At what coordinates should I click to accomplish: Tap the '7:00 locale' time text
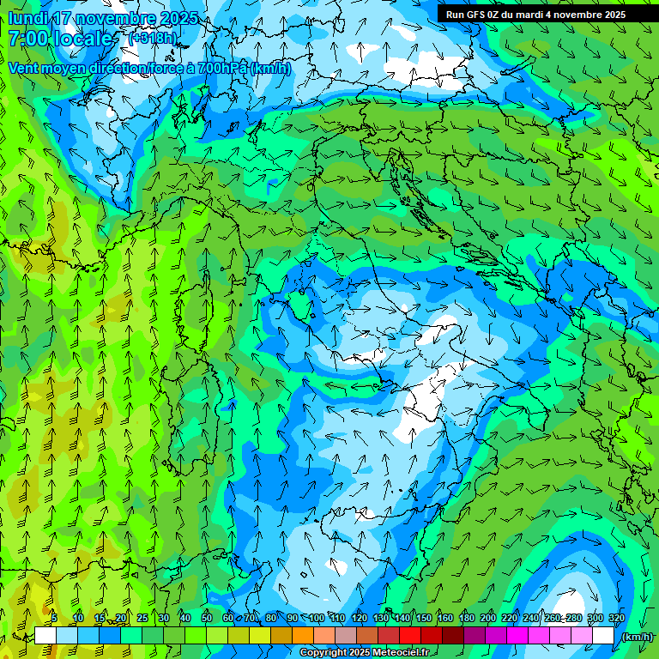coord(62,39)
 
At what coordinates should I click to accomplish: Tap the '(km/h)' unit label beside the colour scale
coord(637,637)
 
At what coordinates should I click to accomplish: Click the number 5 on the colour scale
coord(54,619)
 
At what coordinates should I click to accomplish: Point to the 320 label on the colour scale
coord(616,619)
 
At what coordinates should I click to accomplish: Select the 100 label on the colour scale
coord(316,619)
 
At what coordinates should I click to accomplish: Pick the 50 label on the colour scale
coord(207,619)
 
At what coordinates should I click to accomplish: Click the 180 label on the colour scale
coord(466,619)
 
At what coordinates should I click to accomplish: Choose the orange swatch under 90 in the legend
coord(303,636)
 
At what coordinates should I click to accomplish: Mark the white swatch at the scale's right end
coord(603,636)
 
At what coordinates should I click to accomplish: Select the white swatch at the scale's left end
coord(45,636)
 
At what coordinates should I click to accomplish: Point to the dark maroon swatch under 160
coord(453,636)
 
